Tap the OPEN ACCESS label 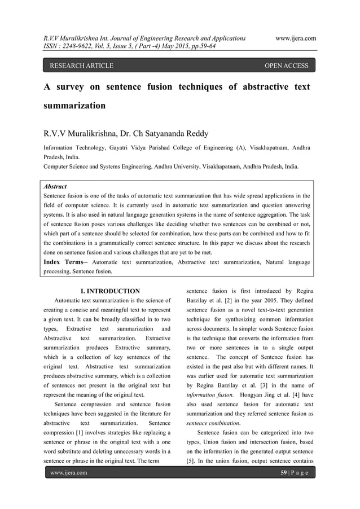click(287, 66)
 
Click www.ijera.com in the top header click(295, 38)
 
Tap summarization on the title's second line click(74, 106)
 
